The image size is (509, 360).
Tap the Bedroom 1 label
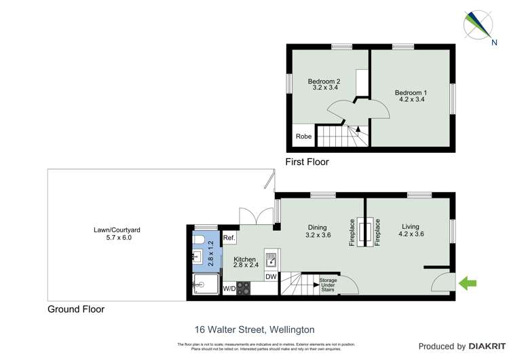411,92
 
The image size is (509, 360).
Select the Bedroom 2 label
326,82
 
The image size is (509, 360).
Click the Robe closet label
303,137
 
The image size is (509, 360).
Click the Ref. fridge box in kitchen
229,238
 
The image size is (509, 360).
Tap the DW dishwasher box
270,276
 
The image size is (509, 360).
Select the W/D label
229,289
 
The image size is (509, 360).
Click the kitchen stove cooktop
244,287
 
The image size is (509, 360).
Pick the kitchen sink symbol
270,259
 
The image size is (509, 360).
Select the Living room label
411,228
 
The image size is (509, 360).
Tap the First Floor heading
308,162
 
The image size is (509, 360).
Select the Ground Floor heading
76,309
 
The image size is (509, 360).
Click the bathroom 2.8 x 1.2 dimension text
210,252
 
